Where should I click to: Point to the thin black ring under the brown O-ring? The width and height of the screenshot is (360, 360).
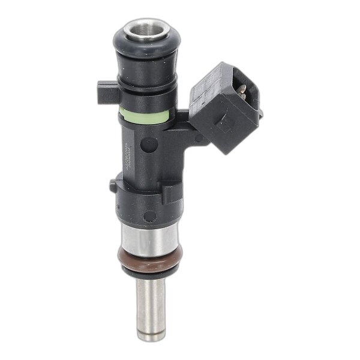(148, 273)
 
